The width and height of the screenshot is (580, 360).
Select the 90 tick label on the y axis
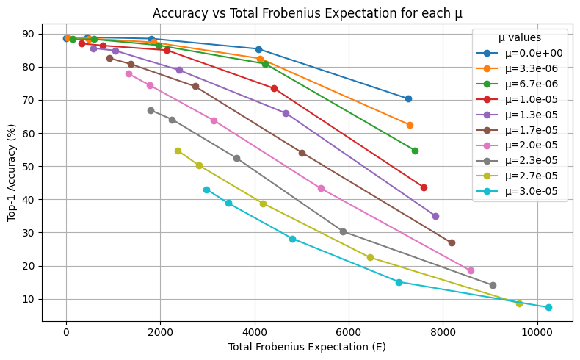[29, 34]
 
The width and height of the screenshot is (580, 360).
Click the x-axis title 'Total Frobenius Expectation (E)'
[307, 346]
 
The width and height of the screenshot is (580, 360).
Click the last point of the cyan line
[548, 307]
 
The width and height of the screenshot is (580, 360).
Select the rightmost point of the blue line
[408, 98]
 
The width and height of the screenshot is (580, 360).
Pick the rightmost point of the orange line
[410, 125]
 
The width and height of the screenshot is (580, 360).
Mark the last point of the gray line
[493, 285]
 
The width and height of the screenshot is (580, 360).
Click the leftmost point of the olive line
[178, 151]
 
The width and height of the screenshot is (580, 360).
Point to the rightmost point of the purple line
[435, 216]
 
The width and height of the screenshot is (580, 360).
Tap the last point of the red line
[424, 187]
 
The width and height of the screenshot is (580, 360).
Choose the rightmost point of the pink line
[471, 270]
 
